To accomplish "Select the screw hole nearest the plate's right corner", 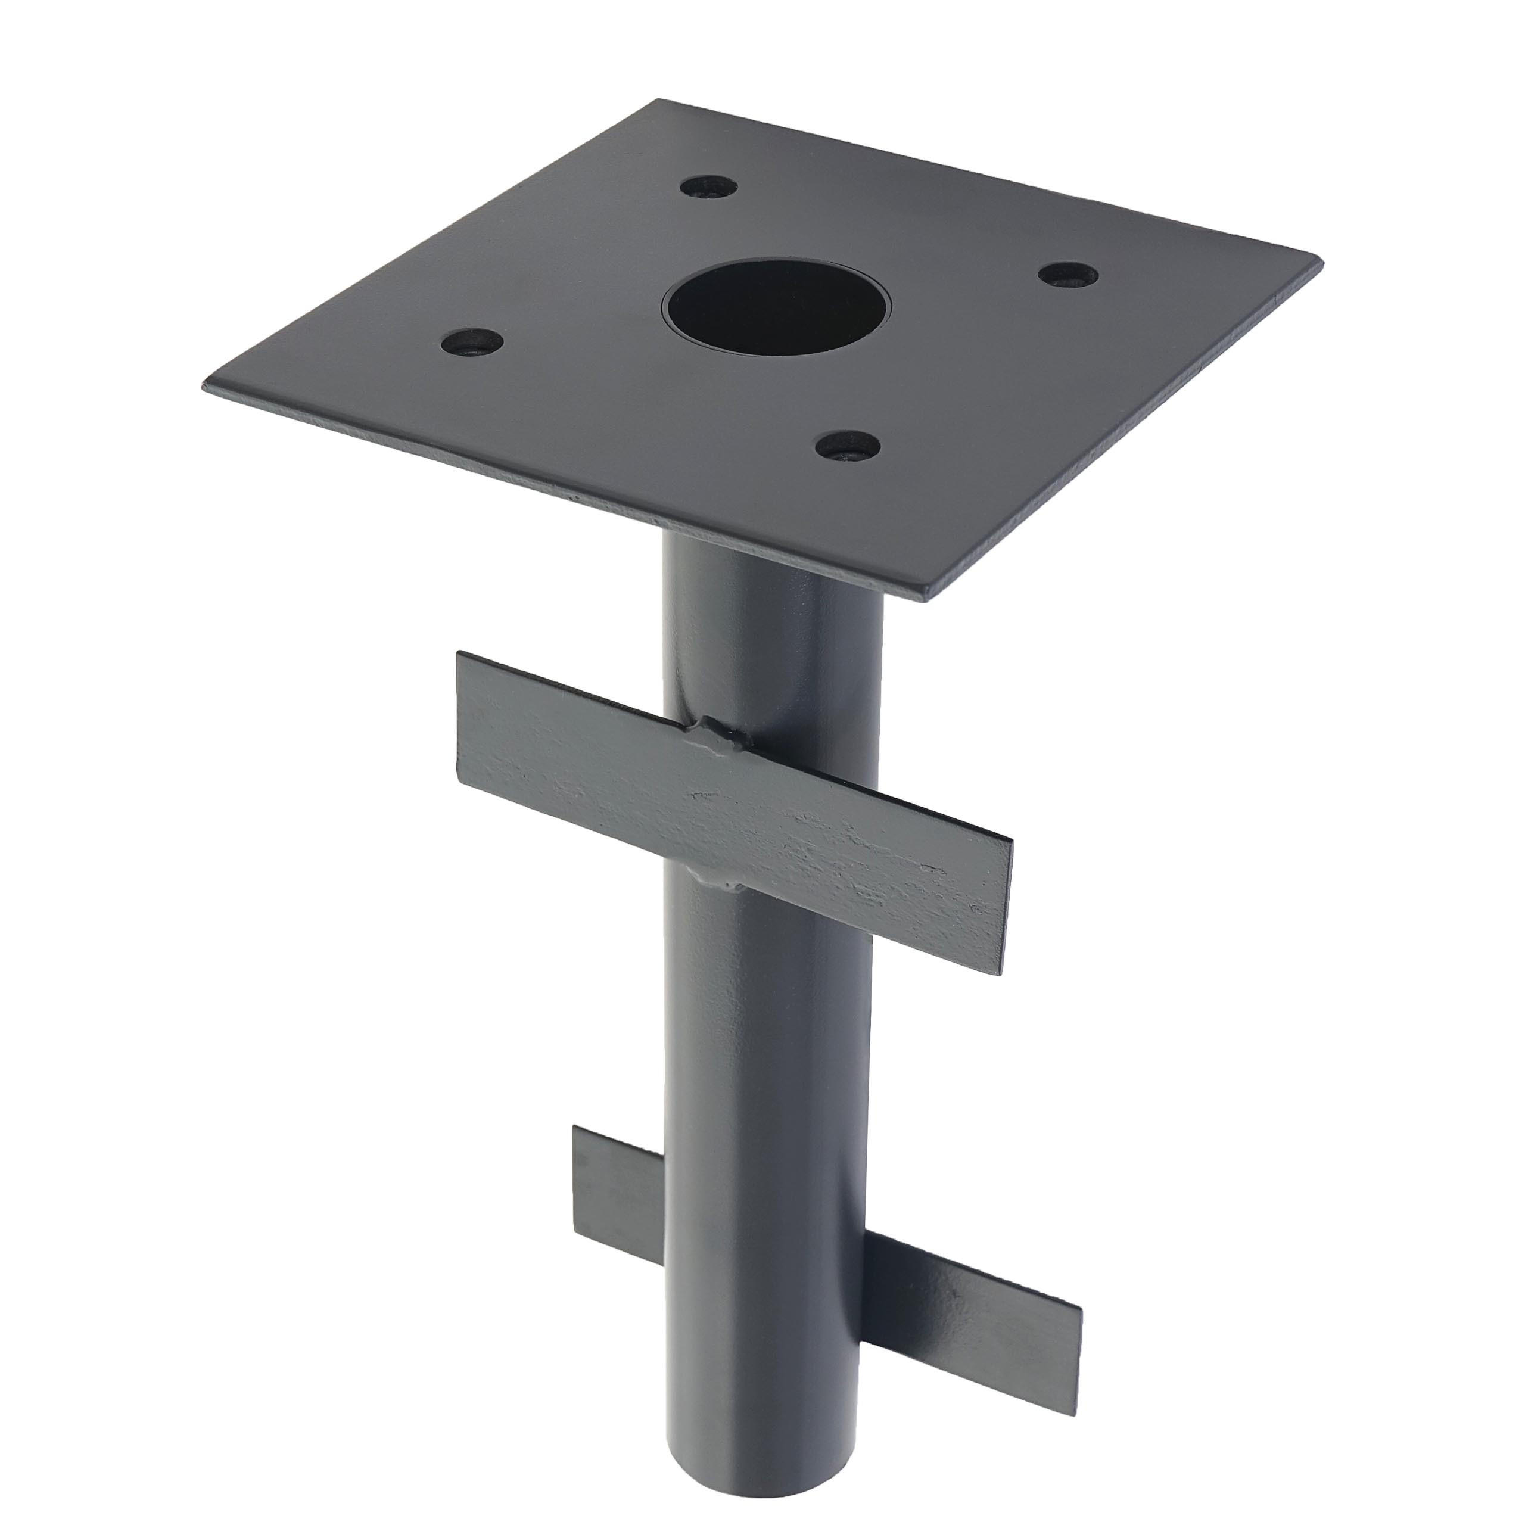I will [1067, 275].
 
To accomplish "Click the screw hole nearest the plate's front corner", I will [848, 447].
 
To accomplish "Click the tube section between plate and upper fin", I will [758, 631].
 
